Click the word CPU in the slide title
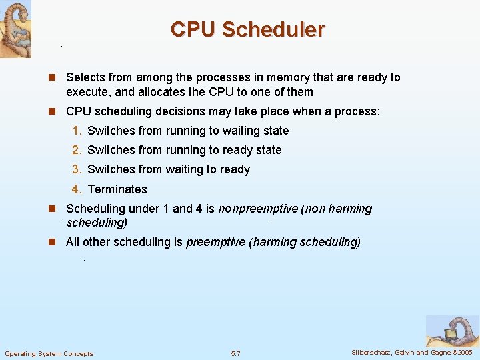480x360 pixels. (x=193, y=30)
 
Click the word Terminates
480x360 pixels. (x=117, y=189)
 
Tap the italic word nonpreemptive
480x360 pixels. (x=258, y=209)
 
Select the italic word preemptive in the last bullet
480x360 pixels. (x=215, y=242)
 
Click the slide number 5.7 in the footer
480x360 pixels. (x=235, y=353)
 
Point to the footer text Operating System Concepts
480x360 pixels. (x=49, y=353)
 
